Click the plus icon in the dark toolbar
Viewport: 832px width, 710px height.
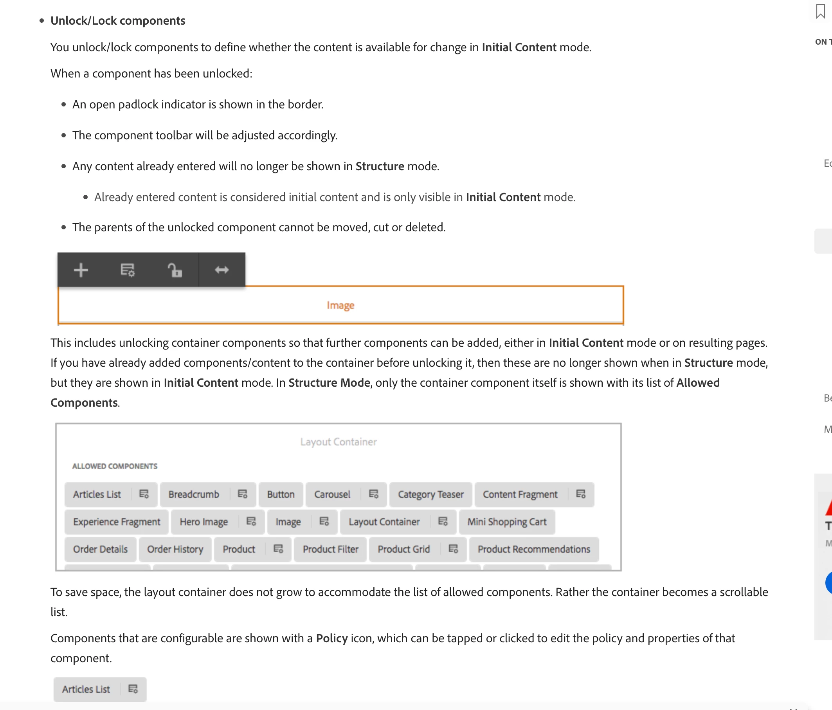pyautogui.click(x=81, y=270)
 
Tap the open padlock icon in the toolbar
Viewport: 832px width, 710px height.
pyautogui.click(x=175, y=270)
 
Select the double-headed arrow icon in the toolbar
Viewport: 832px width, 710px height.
pyautogui.click(x=222, y=270)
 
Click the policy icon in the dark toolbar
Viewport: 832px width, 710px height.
pyautogui.click(x=128, y=270)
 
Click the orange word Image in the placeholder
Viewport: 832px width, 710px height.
pyautogui.click(x=340, y=305)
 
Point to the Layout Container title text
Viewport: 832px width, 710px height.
pyautogui.click(x=339, y=442)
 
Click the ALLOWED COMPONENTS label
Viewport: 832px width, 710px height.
pyautogui.click(x=115, y=466)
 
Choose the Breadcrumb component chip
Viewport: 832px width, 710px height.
pyautogui.click(x=194, y=494)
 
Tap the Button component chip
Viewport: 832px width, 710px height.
pyautogui.click(x=281, y=494)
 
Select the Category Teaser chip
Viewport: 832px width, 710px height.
pyautogui.click(x=430, y=494)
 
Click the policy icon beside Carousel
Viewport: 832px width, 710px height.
pyautogui.click(x=373, y=494)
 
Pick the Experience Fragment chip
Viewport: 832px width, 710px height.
pyautogui.click(x=117, y=522)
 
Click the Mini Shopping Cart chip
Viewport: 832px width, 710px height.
pyautogui.click(x=507, y=522)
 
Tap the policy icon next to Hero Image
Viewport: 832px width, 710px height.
pyautogui.click(x=251, y=521)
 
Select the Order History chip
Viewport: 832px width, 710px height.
pyautogui.click(x=175, y=549)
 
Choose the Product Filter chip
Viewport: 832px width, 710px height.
pyautogui.click(x=330, y=549)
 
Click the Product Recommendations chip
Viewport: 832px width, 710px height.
pyautogui.click(x=534, y=549)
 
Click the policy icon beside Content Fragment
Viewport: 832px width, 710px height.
pyautogui.click(x=581, y=494)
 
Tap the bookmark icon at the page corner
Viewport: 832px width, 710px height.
pyautogui.click(x=820, y=11)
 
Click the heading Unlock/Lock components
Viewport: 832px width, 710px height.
pyautogui.click(x=118, y=20)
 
